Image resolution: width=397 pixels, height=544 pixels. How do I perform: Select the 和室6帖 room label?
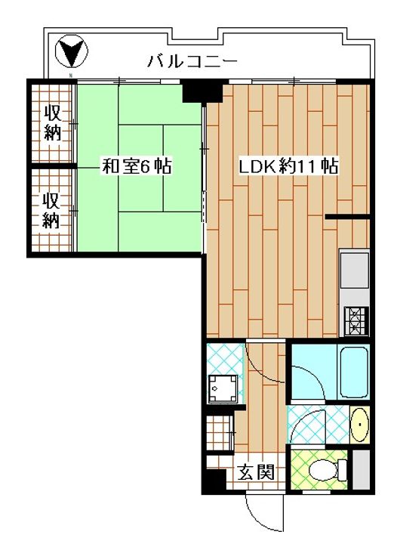(x=137, y=166)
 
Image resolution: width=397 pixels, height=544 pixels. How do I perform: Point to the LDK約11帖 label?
(x=288, y=165)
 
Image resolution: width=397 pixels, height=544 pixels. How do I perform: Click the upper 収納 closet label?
(x=51, y=123)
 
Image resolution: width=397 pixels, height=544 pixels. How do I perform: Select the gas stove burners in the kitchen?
(x=355, y=320)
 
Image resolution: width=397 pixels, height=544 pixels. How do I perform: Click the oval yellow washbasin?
(x=359, y=426)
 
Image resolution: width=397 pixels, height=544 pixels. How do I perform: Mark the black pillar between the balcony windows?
(x=200, y=91)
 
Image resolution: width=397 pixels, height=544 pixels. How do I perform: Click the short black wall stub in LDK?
(x=347, y=218)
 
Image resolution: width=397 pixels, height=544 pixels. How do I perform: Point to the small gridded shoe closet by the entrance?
(x=220, y=436)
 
